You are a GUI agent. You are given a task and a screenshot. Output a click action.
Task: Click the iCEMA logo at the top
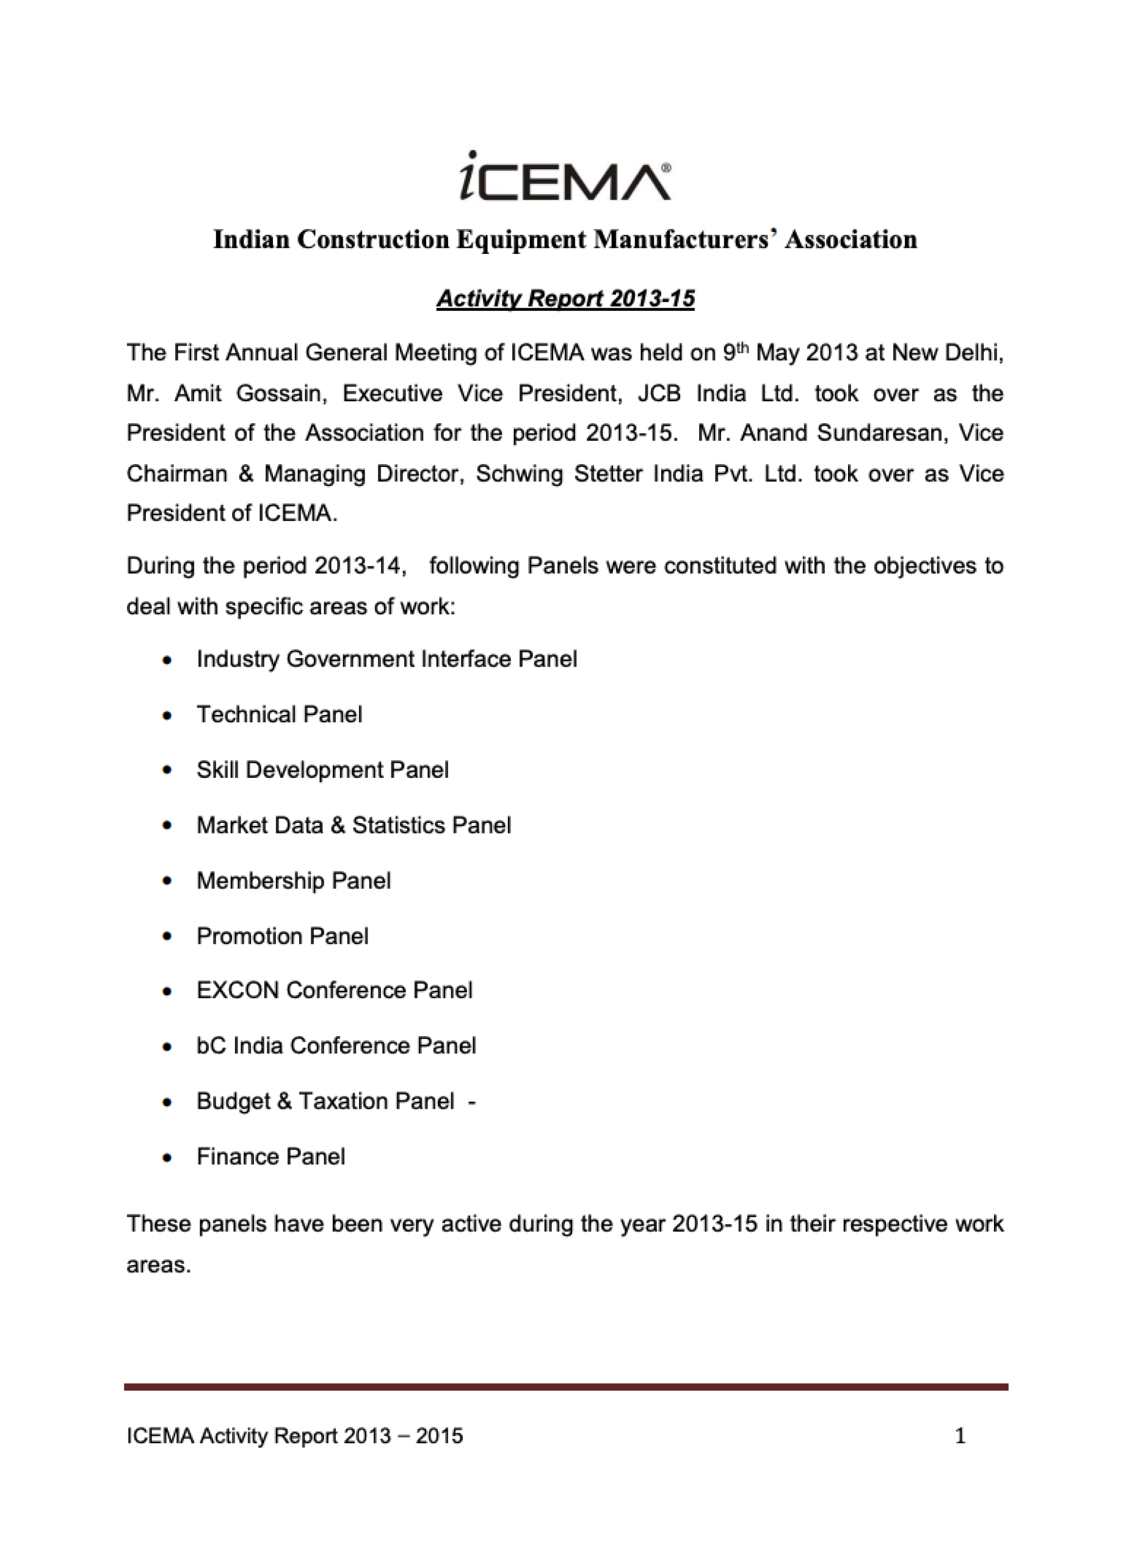(x=565, y=176)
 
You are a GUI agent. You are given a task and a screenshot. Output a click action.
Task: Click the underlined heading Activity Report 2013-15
(x=565, y=299)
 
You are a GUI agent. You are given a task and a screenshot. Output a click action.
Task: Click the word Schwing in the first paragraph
(x=519, y=474)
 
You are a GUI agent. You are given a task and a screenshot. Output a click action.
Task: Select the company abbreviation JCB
(x=658, y=393)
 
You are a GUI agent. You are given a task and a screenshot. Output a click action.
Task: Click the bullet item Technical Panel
(x=279, y=714)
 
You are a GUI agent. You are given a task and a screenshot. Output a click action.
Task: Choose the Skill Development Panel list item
(x=323, y=770)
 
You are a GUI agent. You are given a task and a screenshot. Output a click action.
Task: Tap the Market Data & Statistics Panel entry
(x=354, y=825)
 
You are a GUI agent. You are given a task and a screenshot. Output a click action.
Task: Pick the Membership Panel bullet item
(x=294, y=880)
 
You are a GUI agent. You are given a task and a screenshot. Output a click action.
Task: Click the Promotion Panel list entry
(x=283, y=937)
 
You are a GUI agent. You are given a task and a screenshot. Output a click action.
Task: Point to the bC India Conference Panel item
(x=336, y=1046)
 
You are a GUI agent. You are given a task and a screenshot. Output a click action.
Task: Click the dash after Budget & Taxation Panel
(x=471, y=1101)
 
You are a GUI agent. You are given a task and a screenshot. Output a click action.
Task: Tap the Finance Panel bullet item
(x=270, y=1156)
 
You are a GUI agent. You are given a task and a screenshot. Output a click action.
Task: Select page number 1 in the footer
(x=960, y=1436)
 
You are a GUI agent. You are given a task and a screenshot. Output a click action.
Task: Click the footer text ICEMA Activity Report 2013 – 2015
(x=295, y=1436)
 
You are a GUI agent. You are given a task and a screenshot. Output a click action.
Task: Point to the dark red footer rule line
(x=565, y=1387)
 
